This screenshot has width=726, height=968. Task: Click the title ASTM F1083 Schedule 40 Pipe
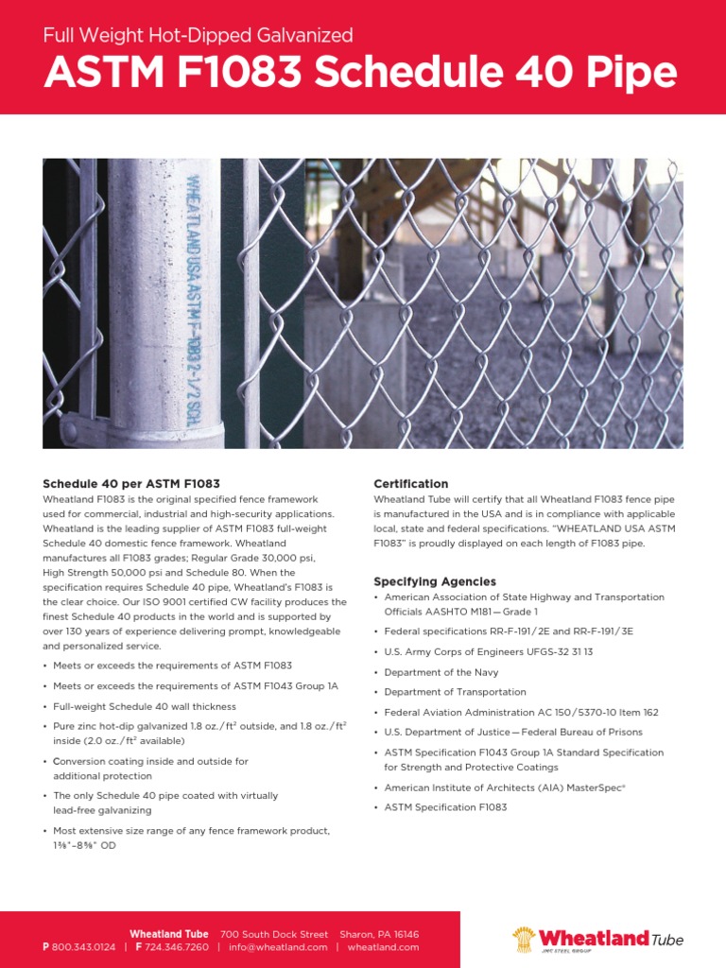pyautogui.click(x=360, y=74)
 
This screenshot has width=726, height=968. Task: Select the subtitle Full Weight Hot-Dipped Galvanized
pyautogui.click(x=199, y=36)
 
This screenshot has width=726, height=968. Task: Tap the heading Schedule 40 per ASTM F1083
pyautogui.click(x=131, y=484)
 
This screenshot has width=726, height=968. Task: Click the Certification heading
pyautogui.click(x=411, y=484)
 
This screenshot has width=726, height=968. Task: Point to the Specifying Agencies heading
pyautogui.click(x=435, y=581)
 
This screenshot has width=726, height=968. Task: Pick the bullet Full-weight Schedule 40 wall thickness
pyautogui.click(x=145, y=706)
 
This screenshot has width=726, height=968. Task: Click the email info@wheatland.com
pyautogui.click(x=278, y=946)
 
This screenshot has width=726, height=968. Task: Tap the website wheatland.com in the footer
pyautogui.click(x=383, y=946)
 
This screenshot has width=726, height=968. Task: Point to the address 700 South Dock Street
pyautogui.click(x=274, y=934)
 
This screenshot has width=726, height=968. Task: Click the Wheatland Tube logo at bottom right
pyautogui.click(x=597, y=939)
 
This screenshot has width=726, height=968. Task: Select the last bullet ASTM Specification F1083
pyautogui.click(x=445, y=807)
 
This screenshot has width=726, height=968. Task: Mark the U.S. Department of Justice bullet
pyautogui.click(x=513, y=733)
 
